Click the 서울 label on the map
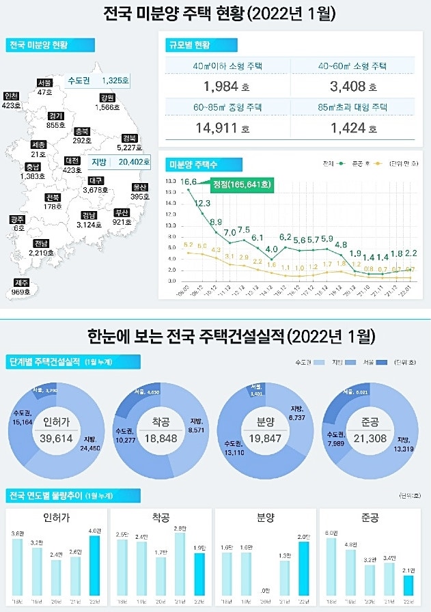[x=45, y=83]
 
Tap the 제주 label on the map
[x=22, y=283]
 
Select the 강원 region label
[x=106, y=98]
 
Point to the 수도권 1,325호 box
[x=98, y=81]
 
